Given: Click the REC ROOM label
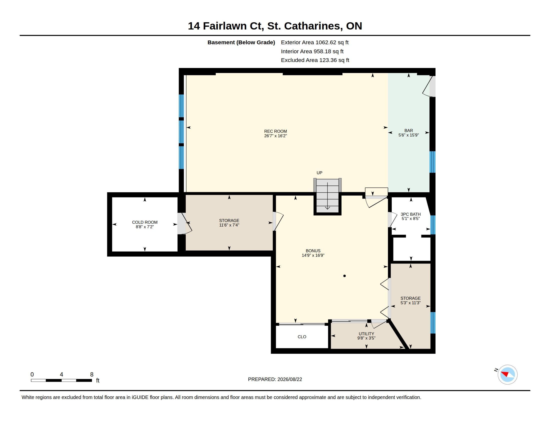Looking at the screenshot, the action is pyautogui.click(x=275, y=131).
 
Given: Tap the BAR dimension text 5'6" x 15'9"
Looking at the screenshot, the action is pyautogui.click(x=408, y=135).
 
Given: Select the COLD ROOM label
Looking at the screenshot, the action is pyautogui.click(x=145, y=222).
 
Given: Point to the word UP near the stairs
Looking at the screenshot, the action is pyautogui.click(x=319, y=173).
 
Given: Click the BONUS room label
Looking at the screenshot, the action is pyautogui.click(x=313, y=251).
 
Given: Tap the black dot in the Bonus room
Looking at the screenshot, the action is pyautogui.click(x=344, y=276).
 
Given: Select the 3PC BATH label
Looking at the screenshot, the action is pyautogui.click(x=411, y=214).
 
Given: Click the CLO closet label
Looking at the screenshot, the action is pyautogui.click(x=302, y=337).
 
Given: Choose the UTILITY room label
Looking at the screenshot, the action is pyautogui.click(x=366, y=333).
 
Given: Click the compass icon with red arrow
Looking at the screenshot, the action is pyautogui.click(x=507, y=374).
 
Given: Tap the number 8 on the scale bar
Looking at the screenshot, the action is pyautogui.click(x=92, y=374).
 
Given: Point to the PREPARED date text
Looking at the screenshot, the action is pyautogui.click(x=275, y=379).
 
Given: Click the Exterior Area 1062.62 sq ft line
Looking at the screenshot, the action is pyautogui.click(x=315, y=42).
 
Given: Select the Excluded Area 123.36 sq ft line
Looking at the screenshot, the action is pyautogui.click(x=315, y=60).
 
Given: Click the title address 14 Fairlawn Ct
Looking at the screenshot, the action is pyautogui.click(x=225, y=26).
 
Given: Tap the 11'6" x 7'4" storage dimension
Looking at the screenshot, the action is pyautogui.click(x=229, y=225).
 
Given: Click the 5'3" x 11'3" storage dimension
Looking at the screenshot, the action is pyautogui.click(x=410, y=303).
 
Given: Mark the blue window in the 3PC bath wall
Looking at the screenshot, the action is pyautogui.click(x=433, y=225).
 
